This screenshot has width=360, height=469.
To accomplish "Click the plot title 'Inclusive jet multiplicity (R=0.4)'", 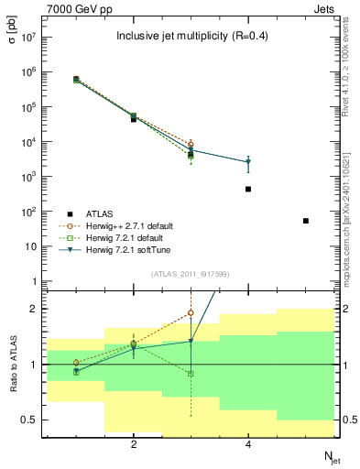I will coord(191,37).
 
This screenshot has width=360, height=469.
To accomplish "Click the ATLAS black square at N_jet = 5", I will coord(306,221).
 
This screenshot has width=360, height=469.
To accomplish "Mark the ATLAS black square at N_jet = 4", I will coord(248,190).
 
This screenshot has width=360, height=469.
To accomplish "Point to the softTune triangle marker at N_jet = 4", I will coord(248,162).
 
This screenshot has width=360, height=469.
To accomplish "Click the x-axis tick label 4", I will coord(248,444).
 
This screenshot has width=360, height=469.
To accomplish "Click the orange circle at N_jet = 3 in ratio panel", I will coord(191,313).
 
